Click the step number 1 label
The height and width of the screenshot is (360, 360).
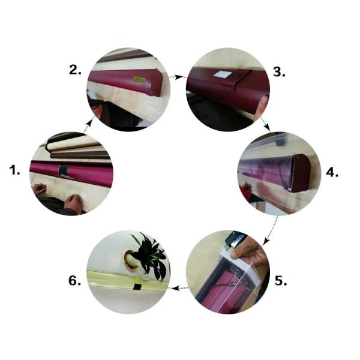(x=14, y=170)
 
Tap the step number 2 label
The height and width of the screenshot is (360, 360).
(x=76, y=70)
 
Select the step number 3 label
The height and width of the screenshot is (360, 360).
(x=280, y=72)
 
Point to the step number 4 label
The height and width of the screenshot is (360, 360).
(x=332, y=172)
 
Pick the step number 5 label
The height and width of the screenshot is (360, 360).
(x=281, y=281)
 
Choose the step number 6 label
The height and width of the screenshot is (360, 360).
(x=75, y=281)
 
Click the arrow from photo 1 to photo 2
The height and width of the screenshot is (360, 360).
(x=88, y=126)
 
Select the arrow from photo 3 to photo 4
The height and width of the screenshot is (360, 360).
(x=266, y=124)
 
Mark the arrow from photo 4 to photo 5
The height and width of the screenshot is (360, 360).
(x=271, y=230)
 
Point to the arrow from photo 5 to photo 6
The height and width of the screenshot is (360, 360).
(x=180, y=288)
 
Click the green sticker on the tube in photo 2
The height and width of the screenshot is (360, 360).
(x=139, y=79)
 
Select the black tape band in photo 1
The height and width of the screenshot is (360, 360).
(x=64, y=170)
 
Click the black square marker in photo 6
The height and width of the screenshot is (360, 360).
(x=137, y=287)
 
